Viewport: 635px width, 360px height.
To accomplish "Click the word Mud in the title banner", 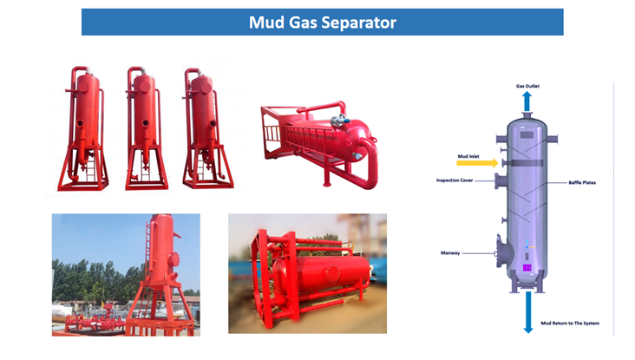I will [265, 23].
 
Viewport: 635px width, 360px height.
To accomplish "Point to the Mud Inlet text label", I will [470, 156].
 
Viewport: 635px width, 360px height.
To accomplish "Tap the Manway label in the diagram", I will [453, 252].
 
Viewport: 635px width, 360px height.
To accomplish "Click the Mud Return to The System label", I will [569, 323].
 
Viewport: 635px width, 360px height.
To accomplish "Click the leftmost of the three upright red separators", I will [84, 130].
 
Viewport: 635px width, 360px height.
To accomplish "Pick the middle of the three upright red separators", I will [141, 130].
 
